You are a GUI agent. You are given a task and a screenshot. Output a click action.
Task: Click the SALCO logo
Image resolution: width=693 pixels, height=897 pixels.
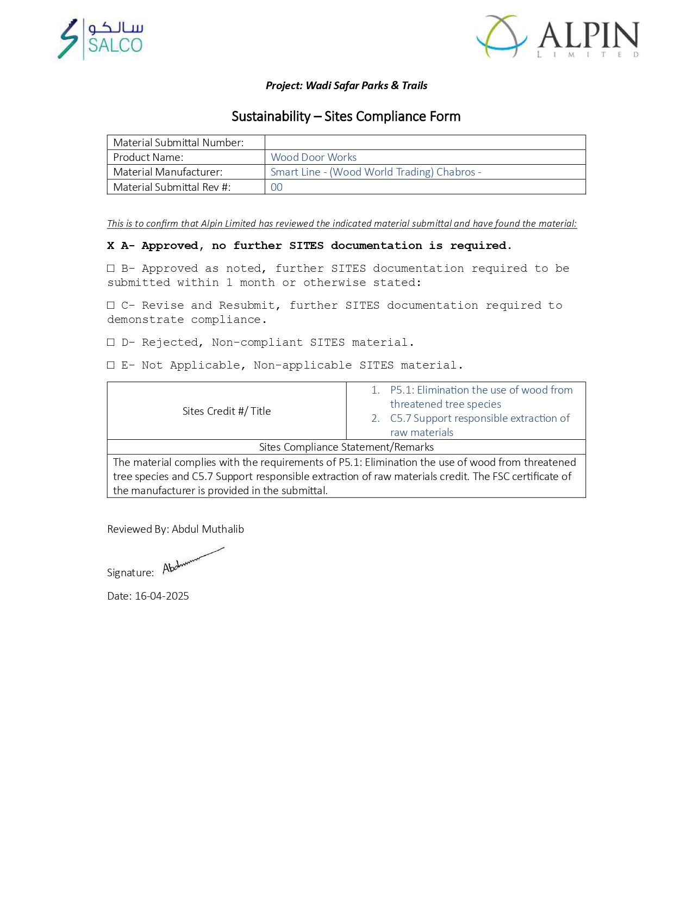coord(101,39)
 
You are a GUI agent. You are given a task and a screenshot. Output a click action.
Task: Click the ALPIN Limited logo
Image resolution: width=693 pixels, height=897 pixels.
coord(558,36)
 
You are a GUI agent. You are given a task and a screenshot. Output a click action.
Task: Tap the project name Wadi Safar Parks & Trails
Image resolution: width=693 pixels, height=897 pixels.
coord(366,85)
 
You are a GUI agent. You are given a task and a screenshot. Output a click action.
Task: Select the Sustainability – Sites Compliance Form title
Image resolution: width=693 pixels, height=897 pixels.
coord(346,116)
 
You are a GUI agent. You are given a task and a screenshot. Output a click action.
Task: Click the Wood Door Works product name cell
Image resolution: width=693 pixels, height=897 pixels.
coord(314,157)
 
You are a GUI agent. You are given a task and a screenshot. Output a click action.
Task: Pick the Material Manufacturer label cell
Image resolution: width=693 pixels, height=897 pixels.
coord(167,172)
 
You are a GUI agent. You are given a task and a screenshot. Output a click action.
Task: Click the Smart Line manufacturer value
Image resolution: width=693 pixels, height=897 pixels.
coord(376,172)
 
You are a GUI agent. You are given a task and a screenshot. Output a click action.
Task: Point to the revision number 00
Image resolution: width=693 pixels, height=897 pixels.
coord(277,187)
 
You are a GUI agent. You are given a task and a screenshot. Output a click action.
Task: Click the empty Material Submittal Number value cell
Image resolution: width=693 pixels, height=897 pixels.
coord(424,142)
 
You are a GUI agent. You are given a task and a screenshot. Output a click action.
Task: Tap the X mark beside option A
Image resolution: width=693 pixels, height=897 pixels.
coord(111,246)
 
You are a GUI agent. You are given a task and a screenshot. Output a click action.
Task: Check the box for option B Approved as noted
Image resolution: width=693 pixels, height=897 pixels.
coord(111,269)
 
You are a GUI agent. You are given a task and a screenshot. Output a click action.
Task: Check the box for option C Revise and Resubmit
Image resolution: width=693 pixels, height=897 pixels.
coord(111,306)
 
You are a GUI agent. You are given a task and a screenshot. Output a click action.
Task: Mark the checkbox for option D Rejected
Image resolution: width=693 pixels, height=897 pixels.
coord(111,342)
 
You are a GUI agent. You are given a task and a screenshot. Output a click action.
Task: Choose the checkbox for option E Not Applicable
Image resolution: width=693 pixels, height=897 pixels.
coord(111,365)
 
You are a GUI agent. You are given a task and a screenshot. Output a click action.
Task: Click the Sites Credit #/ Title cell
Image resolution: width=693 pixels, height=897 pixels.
coord(227,411)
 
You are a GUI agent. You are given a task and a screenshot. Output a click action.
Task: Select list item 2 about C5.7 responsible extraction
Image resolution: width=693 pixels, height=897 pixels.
coord(479,425)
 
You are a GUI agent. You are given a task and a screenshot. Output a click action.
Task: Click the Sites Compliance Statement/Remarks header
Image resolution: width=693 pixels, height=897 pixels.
coord(346,447)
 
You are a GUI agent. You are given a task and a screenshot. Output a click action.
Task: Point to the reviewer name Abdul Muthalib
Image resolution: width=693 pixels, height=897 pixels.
coord(208,529)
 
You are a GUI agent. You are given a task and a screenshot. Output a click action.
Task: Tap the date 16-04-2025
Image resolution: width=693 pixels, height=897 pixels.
coord(162,596)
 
